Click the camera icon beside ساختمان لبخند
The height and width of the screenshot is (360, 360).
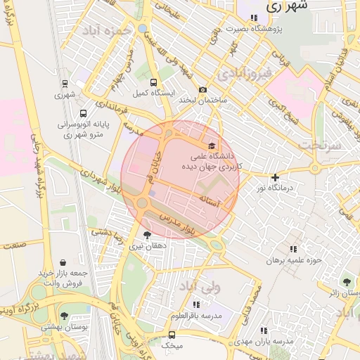(202, 89)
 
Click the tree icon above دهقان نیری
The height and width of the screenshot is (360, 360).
(147, 235)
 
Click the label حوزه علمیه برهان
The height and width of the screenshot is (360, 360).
(293, 260)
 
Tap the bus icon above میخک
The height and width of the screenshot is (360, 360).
(172, 335)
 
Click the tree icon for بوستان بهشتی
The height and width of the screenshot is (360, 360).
(65, 316)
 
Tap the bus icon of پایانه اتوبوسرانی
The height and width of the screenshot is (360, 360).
(84, 113)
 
